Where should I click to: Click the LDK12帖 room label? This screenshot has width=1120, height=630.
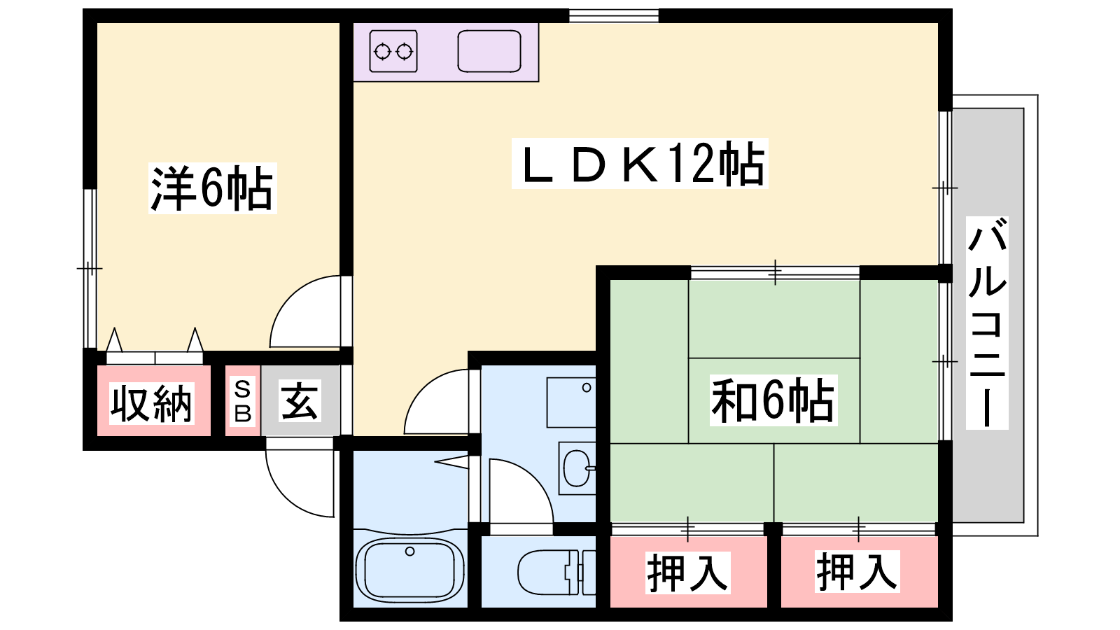[x=640, y=164]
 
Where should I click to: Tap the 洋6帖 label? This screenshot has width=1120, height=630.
[x=212, y=188]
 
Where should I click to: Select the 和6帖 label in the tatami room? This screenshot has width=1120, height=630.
[x=773, y=400]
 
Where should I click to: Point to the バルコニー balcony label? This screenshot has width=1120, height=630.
[x=987, y=323]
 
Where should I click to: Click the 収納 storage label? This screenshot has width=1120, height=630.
[x=151, y=404]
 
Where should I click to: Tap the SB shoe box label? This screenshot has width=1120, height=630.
[x=242, y=401]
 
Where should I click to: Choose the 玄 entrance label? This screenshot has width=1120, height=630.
[x=300, y=401]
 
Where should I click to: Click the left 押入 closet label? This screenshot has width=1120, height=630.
[x=687, y=573]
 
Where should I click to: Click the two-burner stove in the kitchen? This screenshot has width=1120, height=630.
[x=393, y=51]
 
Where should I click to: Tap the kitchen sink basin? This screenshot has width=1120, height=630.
[x=489, y=52]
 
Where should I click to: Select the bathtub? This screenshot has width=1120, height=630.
[x=409, y=568]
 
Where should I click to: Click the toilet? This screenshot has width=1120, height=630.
[x=553, y=572]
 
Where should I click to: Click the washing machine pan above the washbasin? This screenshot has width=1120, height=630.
[x=570, y=402]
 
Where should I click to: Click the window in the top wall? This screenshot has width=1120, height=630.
[x=613, y=15]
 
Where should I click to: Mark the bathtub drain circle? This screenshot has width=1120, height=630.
[x=409, y=552]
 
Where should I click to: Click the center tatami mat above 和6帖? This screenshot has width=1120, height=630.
[x=774, y=318]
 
